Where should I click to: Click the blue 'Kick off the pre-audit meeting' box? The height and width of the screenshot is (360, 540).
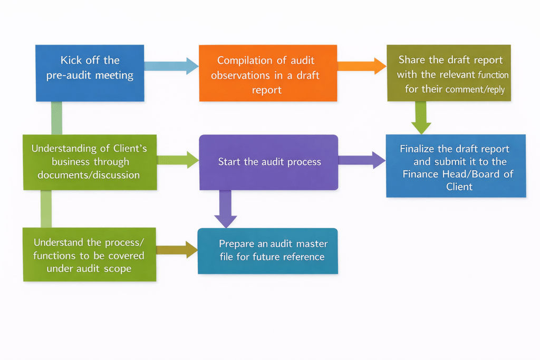tap(90, 73)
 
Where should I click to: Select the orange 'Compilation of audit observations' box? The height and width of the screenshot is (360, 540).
tap(267, 73)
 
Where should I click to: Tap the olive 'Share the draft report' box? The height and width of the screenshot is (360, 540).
tap(448, 73)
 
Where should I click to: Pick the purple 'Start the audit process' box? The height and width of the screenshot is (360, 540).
tap(268, 162)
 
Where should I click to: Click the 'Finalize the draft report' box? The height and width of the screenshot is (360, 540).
tap(456, 166)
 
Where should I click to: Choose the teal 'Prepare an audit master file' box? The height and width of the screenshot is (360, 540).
tap(267, 250)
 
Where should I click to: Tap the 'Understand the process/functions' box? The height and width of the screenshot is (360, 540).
tap(89, 255)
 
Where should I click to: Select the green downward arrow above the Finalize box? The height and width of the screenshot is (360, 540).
tap(421, 118)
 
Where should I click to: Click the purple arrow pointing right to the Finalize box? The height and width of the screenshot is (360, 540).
tap(362, 160)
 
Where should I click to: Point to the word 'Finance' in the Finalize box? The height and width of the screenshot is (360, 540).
tap(419, 174)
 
